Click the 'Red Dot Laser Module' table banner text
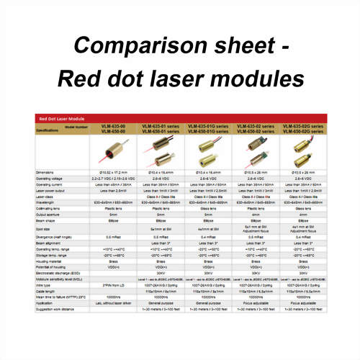point(57,117)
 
